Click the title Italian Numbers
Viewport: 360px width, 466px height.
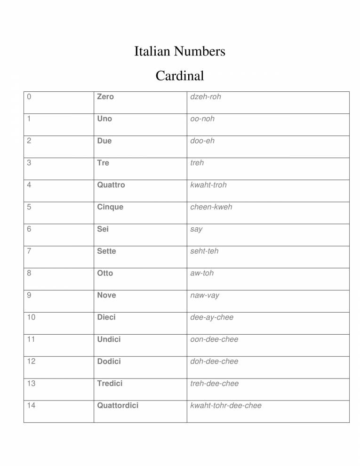[x=180, y=51]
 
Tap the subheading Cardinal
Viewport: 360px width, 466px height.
[x=180, y=75]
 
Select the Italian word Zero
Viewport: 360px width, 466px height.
[x=105, y=96]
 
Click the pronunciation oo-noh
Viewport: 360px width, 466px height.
[x=202, y=119]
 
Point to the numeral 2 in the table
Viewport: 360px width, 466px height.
[x=30, y=141]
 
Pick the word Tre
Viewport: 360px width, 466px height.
[x=103, y=163]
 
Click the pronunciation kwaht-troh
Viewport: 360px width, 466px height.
[x=208, y=185]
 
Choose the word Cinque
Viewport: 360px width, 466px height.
[x=110, y=207]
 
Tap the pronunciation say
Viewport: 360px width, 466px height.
[x=196, y=229]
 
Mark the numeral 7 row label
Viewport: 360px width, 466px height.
[x=30, y=251]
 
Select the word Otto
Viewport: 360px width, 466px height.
[x=105, y=273]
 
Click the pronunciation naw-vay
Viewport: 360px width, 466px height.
[x=205, y=295]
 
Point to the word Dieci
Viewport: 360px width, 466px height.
[x=106, y=317]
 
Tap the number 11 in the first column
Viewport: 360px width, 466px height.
[x=31, y=339]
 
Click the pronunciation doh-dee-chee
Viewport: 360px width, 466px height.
[x=214, y=362]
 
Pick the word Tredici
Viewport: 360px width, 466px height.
[x=110, y=384]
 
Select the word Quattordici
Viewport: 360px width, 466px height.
[x=118, y=405]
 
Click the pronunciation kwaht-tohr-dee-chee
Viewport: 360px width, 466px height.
[x=226, y=405]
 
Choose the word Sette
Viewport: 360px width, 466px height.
[x=106, y=251]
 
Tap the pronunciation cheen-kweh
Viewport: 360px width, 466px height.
[x=211, y=207]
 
